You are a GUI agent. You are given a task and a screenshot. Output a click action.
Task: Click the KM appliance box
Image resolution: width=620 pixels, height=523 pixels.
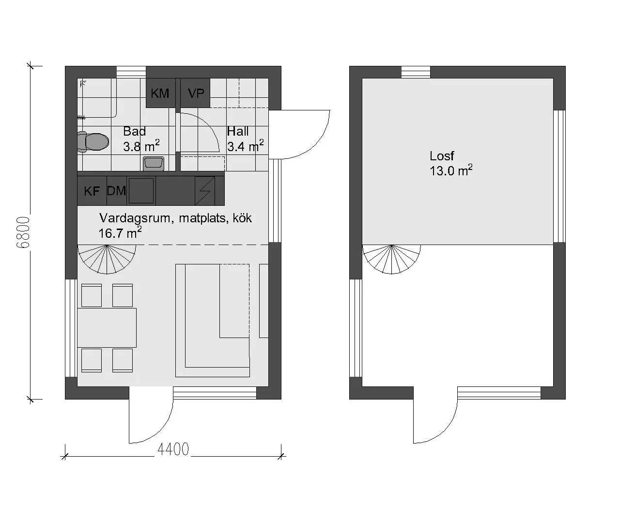click(x=160, y=93)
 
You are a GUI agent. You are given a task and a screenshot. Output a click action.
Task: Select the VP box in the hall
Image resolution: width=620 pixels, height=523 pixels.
click(x=195, y=93)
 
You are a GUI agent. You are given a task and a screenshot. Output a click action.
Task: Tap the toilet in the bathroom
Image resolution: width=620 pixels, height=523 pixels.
click(x=93, y=142)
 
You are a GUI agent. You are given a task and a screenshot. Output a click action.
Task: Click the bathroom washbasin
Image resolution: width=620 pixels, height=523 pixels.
click(x=154, y=164)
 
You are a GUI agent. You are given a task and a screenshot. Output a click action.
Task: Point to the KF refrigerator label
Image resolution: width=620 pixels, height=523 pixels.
click(x=92, y=191)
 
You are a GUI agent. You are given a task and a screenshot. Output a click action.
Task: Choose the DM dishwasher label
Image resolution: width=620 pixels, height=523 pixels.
click(x=116, y=191)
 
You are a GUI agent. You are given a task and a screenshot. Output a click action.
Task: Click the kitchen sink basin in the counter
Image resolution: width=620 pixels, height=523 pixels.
click(x=141, y=191)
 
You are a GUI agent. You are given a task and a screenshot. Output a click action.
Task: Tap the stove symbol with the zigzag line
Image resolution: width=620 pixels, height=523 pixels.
click(x=204, y=191)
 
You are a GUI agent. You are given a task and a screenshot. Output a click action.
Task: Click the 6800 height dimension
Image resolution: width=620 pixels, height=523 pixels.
click(x=23, y=232)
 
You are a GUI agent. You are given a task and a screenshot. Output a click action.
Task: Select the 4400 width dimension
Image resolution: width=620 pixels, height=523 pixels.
click(x=173, y=449)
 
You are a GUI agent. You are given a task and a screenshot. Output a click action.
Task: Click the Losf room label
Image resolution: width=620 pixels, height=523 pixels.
click(x=442, y=156)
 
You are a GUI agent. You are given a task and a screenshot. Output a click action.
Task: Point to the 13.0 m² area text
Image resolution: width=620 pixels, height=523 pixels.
click(x=451, y=170)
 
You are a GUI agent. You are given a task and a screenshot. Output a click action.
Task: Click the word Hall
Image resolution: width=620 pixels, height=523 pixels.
click(x=237, y=131)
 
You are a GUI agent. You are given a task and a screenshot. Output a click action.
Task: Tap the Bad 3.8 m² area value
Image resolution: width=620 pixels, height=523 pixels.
click(x=141, y=146)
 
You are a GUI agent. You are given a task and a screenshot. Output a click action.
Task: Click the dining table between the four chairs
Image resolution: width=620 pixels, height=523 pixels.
click(x=107, y=328)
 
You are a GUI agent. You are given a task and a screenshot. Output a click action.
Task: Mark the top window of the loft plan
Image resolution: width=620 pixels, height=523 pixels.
click(x=416, y=72)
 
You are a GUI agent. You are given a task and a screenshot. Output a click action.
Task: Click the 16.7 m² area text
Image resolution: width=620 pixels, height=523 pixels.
click(x=120, y=233)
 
